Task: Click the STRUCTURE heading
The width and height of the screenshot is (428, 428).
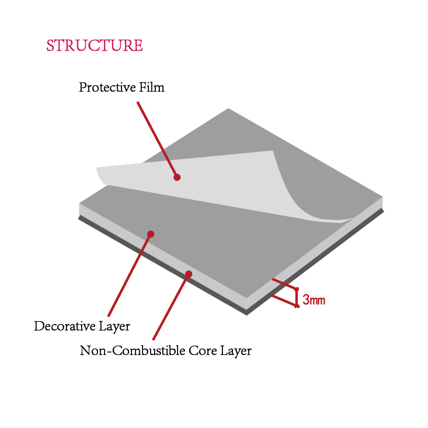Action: coord(94,46)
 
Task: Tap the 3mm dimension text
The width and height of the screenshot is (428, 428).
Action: coord(314,301)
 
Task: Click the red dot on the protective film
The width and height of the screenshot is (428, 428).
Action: coord(177,177)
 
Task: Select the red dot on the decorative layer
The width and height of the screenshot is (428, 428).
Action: coord(151,234)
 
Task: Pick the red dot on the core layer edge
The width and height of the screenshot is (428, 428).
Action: coord(189,274)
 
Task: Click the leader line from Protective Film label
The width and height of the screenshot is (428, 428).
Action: coord(156,138)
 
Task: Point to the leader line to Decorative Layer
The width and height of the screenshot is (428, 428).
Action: coord(130,274)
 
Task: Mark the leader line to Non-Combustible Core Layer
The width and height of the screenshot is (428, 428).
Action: coord(170,307)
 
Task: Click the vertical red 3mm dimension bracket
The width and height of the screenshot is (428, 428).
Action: coord(297,297)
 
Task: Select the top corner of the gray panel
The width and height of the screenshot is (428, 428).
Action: coord(228,110)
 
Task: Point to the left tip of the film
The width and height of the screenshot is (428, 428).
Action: coord(98,169)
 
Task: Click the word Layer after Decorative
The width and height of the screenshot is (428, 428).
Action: coord(115,326)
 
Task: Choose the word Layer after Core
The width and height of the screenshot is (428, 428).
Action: coord(235,351)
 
